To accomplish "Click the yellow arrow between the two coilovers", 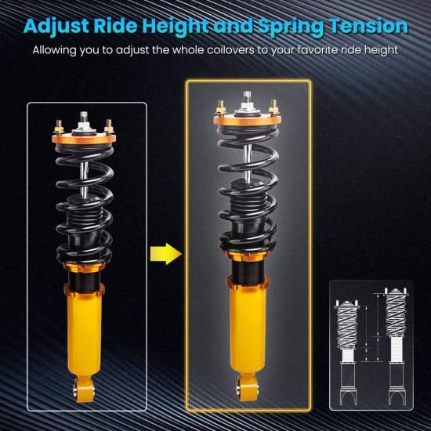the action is (166, 253).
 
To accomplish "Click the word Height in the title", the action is (175, 27).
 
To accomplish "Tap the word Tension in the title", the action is (369, 26).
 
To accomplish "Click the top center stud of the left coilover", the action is (84, 120).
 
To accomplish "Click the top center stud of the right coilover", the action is (248, 100).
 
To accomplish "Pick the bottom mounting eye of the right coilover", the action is (247, 388).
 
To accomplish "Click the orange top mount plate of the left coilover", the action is (84, 138).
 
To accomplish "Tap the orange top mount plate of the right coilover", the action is (248, 120).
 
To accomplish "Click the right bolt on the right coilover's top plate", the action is (273, 107).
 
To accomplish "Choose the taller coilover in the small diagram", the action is (396, 346).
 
